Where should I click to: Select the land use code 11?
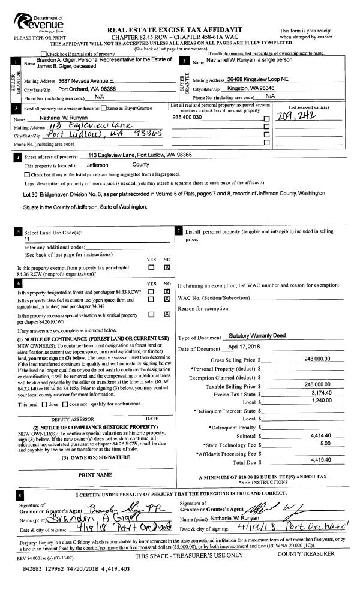pyautogui.click(x=27, y=239)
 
